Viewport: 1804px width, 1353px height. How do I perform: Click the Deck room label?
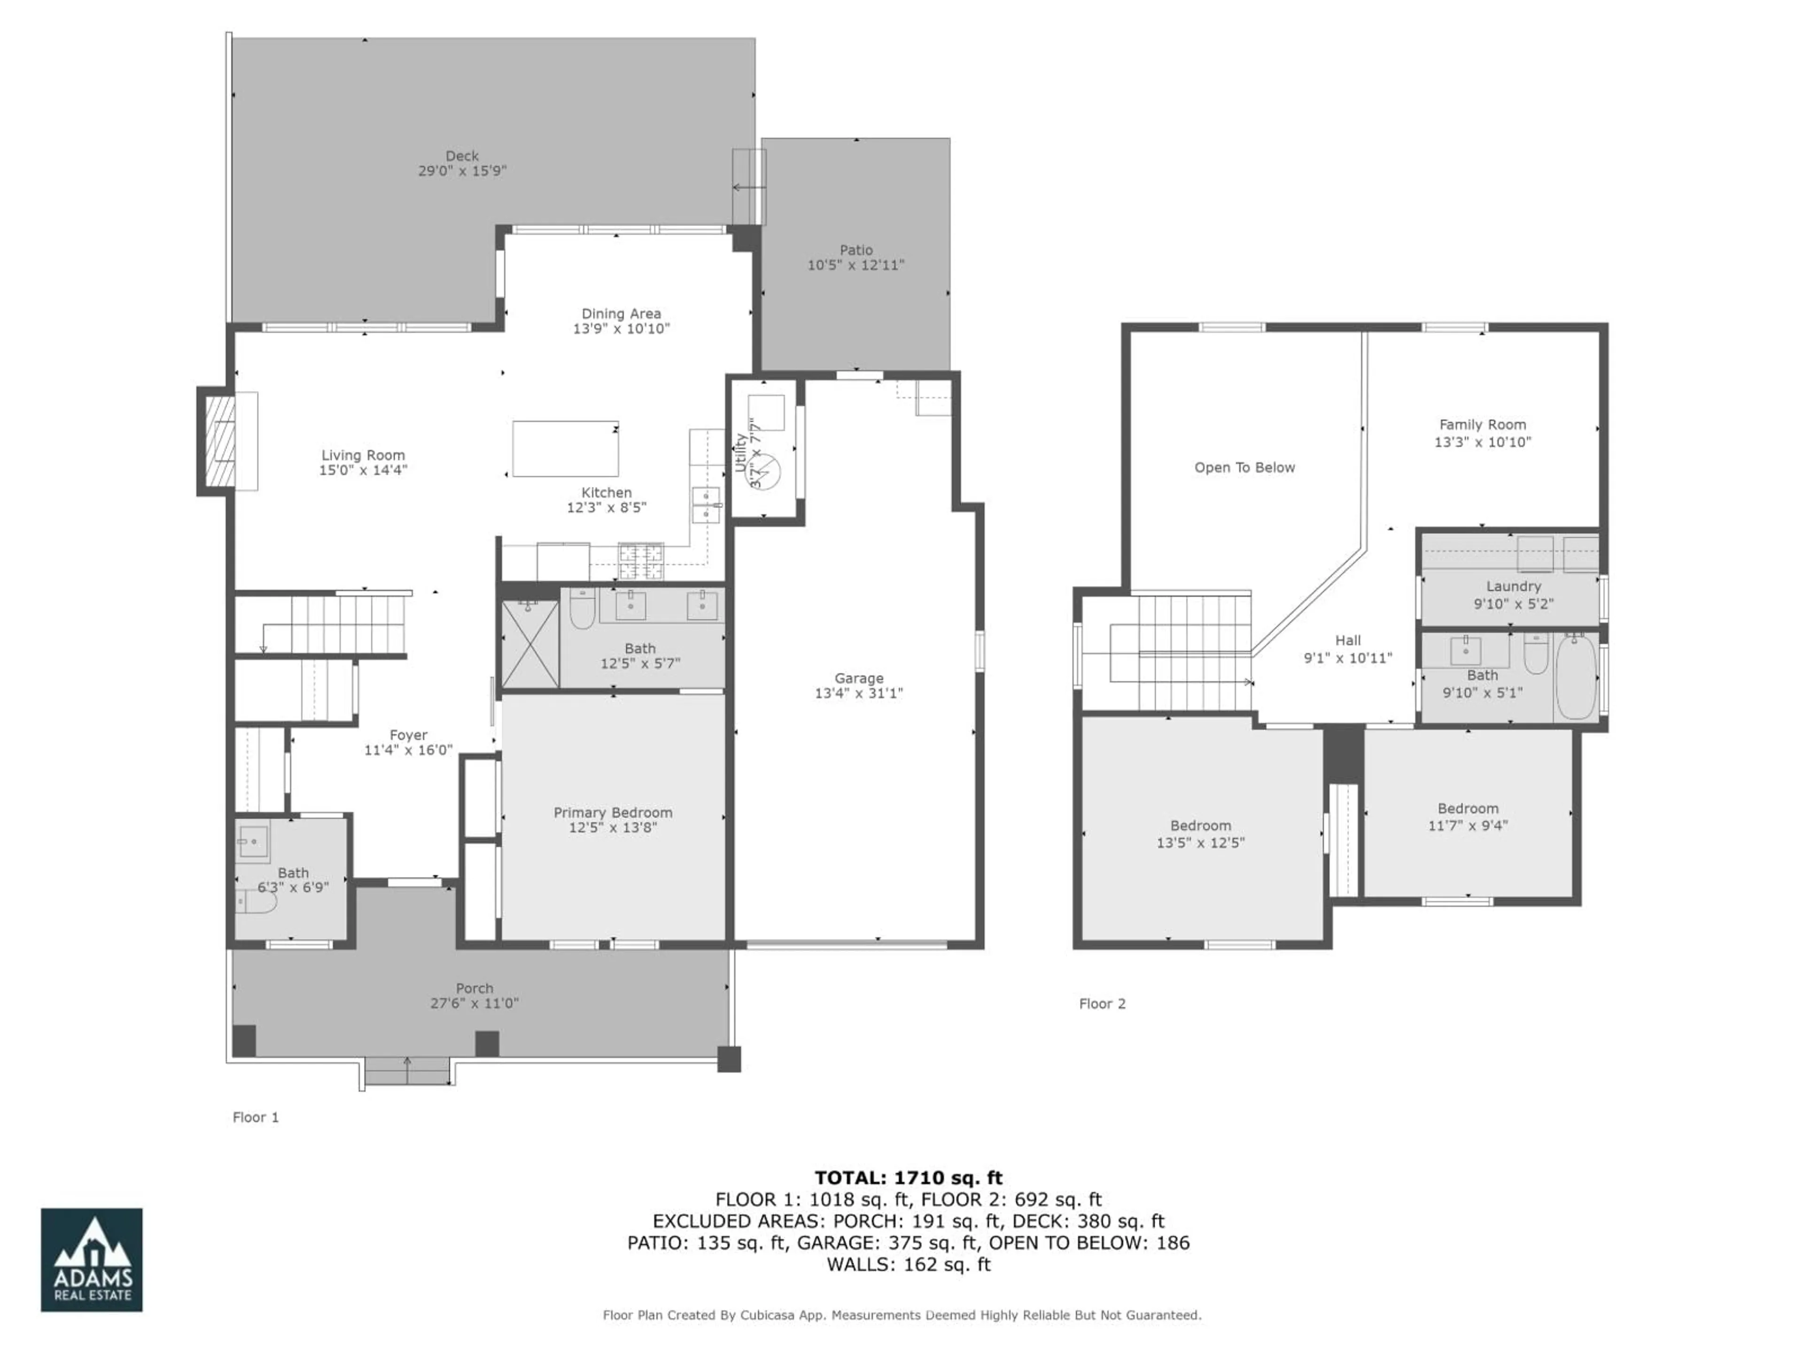pos(462,156)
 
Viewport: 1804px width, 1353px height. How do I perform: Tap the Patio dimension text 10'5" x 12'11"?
pos(855,265)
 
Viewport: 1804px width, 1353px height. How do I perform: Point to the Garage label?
pos(859,678)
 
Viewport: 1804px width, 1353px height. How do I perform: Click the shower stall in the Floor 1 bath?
pos(530,644)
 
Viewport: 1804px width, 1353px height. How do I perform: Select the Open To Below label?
pos(1244,467)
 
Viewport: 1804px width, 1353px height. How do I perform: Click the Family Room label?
pos(1482,424)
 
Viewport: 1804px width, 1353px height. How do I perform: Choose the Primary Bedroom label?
pos(613,812)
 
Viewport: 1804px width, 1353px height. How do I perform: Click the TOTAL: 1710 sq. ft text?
pos(908,1178)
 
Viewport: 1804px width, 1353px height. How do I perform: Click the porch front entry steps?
pos(407,1070)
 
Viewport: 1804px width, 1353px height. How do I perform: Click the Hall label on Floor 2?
pos(1347,640)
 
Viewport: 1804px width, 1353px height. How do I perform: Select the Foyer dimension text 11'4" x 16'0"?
pos(408,750)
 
